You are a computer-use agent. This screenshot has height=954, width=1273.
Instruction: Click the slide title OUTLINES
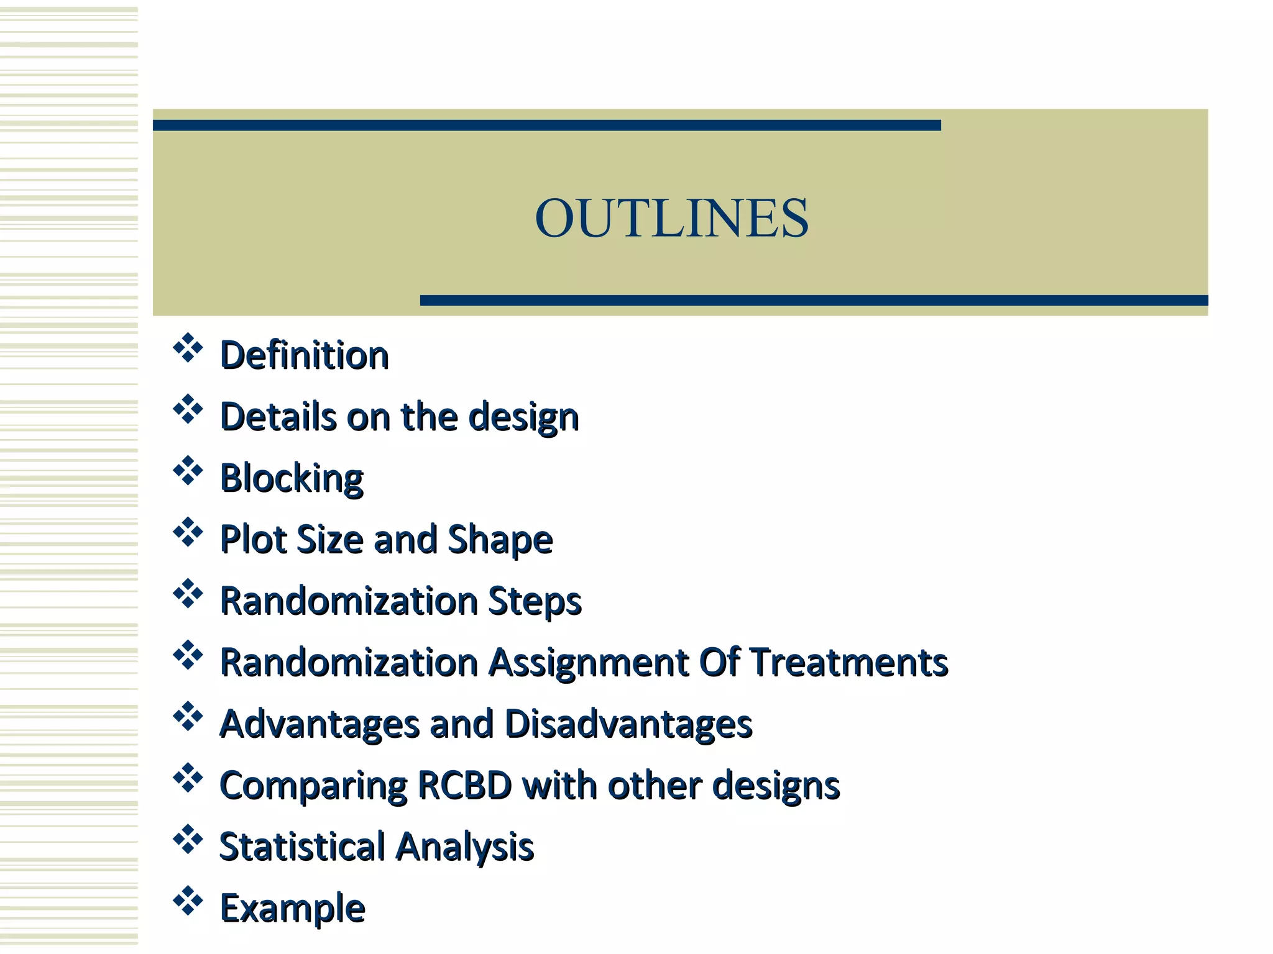[671, 218]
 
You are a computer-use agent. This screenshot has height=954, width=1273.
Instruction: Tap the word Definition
[305, 355]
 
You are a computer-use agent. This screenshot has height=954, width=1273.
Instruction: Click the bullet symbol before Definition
[188, 348]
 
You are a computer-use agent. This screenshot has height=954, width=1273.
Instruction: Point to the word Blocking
[292, 478]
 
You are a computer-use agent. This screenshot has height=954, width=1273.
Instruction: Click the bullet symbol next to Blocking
[188, 471]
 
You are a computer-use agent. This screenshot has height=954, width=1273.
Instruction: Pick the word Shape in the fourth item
[500, 539]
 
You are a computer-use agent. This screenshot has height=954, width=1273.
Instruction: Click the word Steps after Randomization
[535, 601]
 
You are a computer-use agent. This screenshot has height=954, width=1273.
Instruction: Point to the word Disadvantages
[628, 724]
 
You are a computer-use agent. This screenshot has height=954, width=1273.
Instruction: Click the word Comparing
[313, 786]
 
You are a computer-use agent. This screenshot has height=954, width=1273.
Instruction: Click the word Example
[292, 909]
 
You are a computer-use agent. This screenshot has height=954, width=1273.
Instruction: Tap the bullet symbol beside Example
[188, 902]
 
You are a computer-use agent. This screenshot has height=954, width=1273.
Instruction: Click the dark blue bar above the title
[546, 125]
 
